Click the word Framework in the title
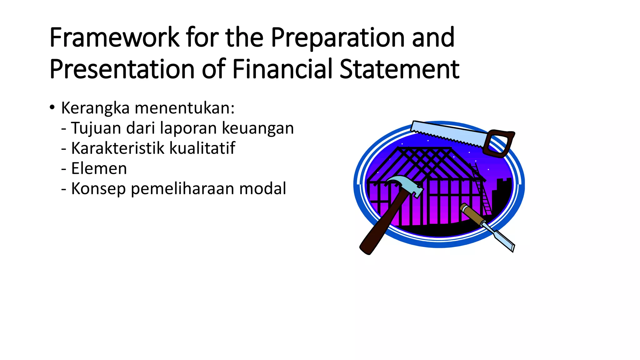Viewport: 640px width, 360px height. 114,38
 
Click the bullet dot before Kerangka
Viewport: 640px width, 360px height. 52,108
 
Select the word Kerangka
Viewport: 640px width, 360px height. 95,108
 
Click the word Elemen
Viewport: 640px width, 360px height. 99,169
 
